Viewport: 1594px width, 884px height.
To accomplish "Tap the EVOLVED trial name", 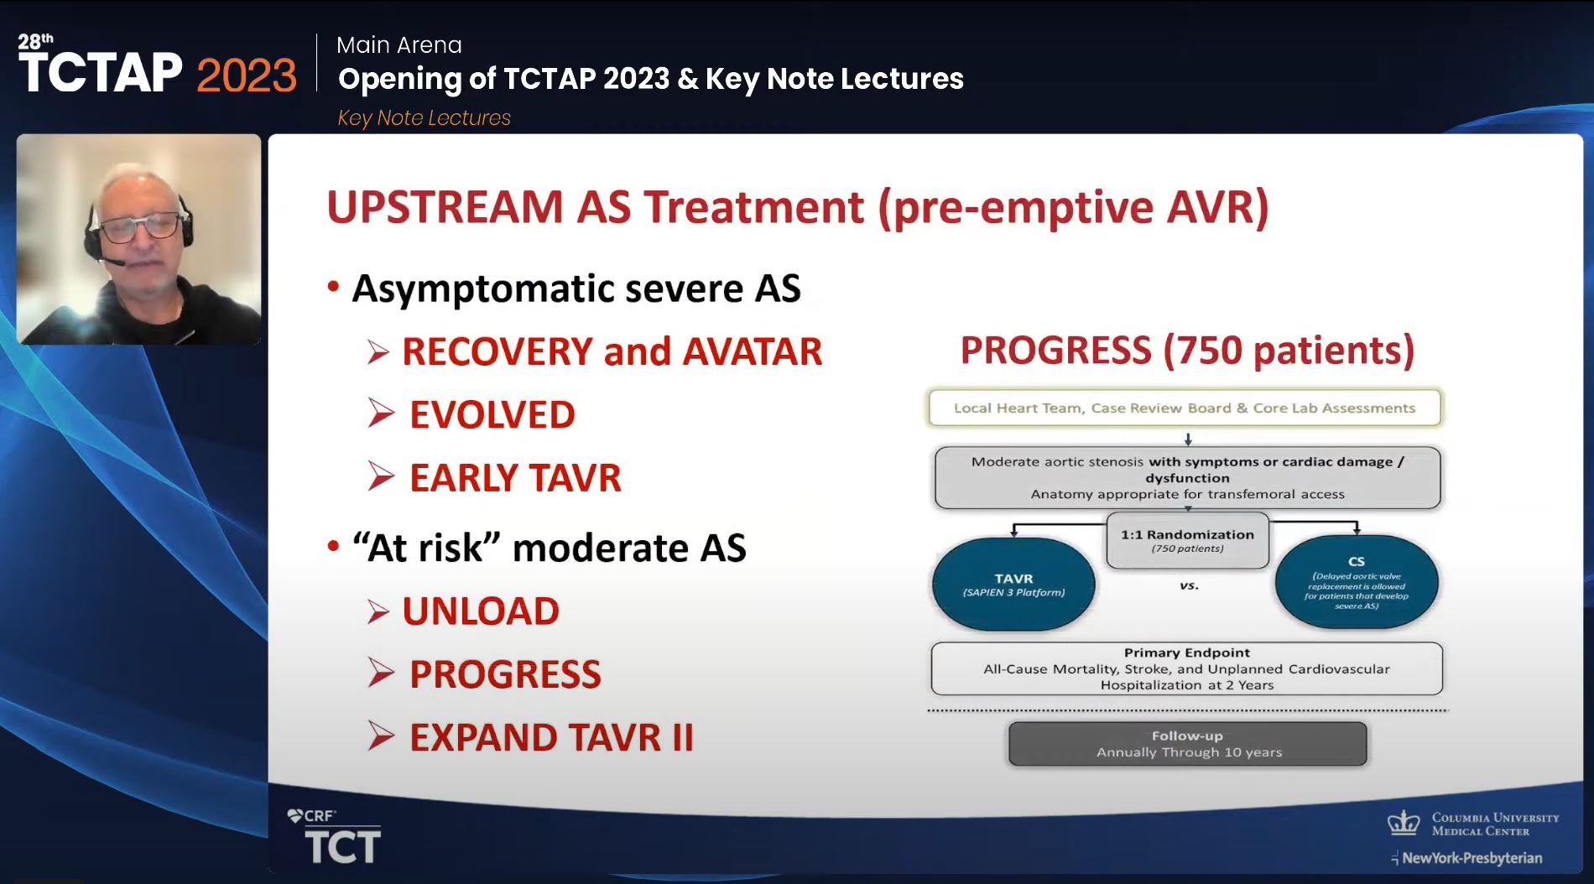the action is pos(492,414).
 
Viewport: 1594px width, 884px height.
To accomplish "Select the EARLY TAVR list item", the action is pos(515,478).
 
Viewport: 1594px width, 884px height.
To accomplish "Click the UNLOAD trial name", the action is pos(481,611).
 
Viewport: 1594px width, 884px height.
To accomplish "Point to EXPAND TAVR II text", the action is pos(551,738).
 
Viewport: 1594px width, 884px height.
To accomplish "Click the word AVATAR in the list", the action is pos(752,351).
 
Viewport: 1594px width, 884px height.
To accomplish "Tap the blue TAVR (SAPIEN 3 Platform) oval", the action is pos(1013,584).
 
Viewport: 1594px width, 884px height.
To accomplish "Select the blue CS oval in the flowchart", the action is pos(1357,582).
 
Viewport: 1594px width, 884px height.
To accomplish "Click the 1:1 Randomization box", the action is pos(1188,540).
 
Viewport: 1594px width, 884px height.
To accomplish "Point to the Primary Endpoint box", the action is pos(1187,668).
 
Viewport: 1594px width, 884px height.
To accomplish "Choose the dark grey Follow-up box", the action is pos(1188,744).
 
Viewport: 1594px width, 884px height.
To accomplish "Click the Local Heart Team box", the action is pos(1185,408).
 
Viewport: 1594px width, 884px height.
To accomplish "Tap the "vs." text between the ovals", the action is pos(1189,585).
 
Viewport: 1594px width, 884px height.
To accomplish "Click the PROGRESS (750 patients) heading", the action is pos(1187,350).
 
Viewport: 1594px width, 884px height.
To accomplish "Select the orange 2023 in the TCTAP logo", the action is pos(247,75).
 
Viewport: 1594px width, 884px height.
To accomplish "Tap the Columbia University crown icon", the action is pos(1404,822).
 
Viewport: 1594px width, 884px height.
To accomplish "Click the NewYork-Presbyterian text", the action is pos(1472,858).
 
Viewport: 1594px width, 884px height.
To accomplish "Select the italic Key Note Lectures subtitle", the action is pos(424,118).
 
